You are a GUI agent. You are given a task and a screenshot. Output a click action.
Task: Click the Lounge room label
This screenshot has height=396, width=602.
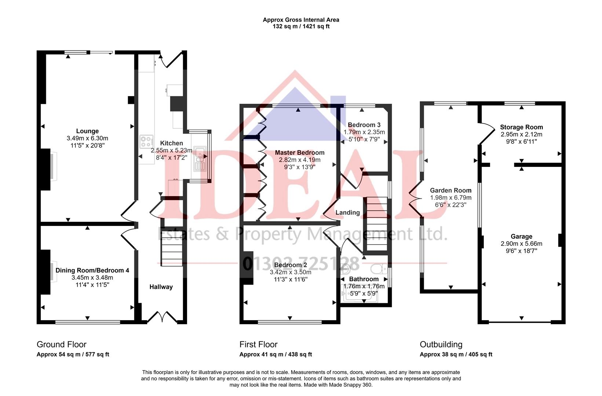(x=87, y=131)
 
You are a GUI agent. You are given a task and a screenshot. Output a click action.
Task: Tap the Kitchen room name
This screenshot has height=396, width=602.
(x=171, y=143)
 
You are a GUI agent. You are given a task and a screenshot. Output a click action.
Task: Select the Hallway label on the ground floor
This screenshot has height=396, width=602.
(x=161, y=287)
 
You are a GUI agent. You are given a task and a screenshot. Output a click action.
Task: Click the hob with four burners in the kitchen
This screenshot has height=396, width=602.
(x=146, y=142)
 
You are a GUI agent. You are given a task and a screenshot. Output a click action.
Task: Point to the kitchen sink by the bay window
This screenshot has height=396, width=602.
(x=200, y=159)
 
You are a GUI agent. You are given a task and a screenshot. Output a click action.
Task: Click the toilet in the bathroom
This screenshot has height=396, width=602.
(x=379, y=269)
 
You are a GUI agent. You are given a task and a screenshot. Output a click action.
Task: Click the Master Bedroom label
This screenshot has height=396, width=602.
(x=300, y=153)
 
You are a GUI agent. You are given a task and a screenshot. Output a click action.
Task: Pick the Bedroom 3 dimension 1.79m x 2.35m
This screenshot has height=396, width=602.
(x=364, y=132)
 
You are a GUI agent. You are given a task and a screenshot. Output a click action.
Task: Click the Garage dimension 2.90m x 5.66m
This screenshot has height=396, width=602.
(x=521, y=244)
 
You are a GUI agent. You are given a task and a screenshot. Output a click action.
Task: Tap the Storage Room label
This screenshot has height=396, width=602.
(x=521, y=127)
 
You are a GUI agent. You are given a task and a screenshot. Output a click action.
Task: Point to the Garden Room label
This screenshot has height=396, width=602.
(x=451, y=190)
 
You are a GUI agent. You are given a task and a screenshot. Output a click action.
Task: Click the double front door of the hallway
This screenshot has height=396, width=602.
(x=162, y=317)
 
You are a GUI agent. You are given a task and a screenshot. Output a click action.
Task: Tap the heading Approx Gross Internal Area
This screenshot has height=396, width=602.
(x=301, y=19)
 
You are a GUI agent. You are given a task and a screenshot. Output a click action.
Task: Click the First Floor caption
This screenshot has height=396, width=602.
(x=258, y=344)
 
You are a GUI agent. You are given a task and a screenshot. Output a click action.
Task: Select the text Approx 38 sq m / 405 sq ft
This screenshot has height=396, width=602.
(x=456, y=354)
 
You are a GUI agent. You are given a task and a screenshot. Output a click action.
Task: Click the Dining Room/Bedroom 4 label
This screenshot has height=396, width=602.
(x=92, y=270)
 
